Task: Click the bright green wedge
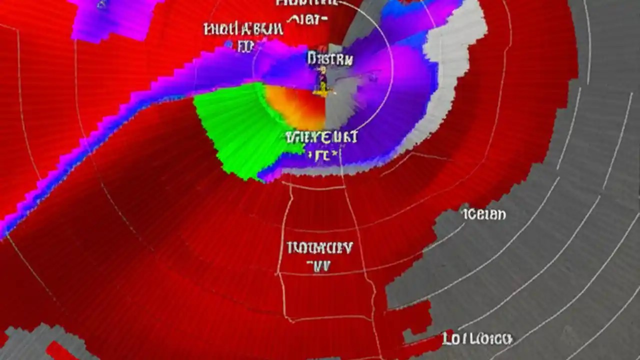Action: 235,130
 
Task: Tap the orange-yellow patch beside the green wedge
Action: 295,105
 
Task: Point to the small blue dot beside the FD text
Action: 229,45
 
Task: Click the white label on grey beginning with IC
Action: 484,215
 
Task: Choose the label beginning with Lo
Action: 477,339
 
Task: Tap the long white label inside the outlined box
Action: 320,247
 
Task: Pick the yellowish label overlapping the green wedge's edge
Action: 321,137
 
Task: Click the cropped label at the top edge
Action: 307,3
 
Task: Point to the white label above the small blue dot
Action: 243,29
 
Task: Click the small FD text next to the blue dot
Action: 245,46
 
